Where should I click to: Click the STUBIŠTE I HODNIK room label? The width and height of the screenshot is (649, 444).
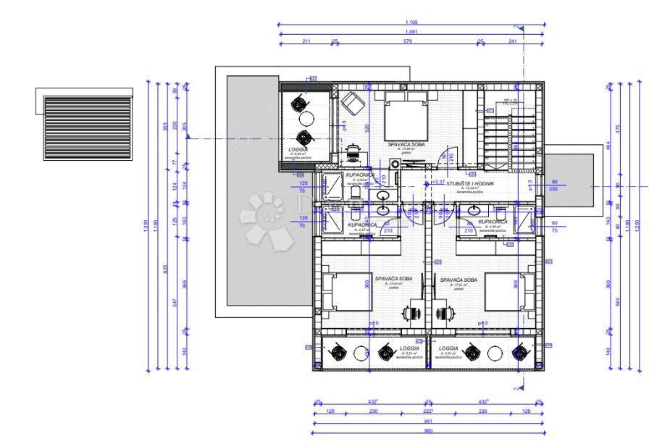click(469, 185)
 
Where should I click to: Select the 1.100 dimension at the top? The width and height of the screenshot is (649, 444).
click(411, 22)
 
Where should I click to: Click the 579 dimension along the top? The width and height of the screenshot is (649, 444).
click(407, 41)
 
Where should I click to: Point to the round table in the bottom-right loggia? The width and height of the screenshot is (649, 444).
click(496, 353)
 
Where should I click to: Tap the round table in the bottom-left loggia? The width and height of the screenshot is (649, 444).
click(361, 353)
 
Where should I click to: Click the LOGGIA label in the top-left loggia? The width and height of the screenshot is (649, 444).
click(298, 149)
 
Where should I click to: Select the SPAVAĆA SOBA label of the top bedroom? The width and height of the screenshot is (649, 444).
click(406, 145)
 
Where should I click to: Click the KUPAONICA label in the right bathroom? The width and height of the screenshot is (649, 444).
click(492, 222)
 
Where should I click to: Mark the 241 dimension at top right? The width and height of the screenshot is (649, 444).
click(513, 41)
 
